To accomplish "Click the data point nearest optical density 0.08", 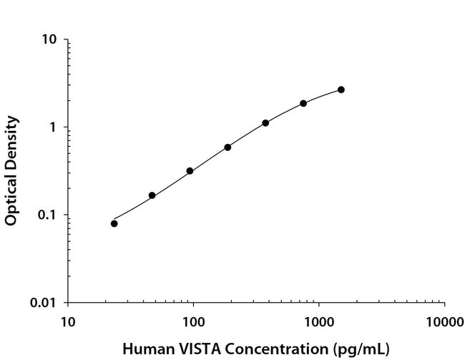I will tap(114, 223).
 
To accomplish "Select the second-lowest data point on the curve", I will tap(152, 195).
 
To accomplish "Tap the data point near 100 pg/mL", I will tap(190, 171).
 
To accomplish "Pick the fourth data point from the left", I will tap(227, 147).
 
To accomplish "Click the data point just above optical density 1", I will tap(265, 123).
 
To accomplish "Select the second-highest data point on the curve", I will tap(303, 103).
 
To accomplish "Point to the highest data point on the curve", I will tap(341, 89).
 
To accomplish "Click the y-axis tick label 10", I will tap(49, 39).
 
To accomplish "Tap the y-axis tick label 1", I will tap(53, 127).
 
